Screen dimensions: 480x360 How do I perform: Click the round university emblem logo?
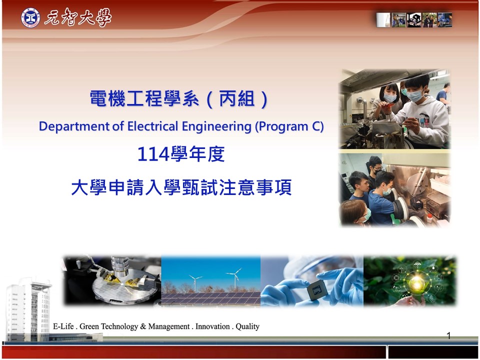(x=30, y=18)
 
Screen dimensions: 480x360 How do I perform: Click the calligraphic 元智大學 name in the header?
(x=78, y=17)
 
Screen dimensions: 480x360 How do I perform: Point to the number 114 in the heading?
(x=153, y=154)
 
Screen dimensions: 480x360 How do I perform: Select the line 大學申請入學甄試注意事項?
(x=181, y=187)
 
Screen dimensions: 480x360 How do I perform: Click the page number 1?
(x=449, y=336)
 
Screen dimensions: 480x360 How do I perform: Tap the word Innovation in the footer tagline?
(x=212, y=326)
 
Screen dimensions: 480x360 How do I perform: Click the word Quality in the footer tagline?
(x=247, y=326)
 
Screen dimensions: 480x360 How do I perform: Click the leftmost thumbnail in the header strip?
(x=383, y=20)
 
